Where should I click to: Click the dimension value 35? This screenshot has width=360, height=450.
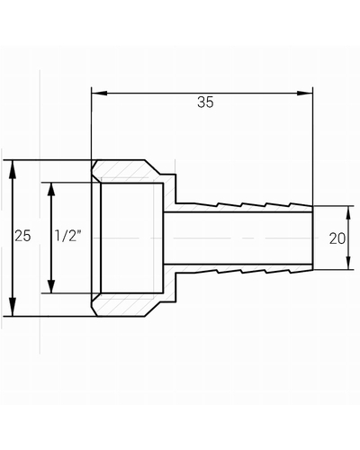(x=205, y=102)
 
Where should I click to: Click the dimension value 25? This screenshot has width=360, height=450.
(x=22, y=236)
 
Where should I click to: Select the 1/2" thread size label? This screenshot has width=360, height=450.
(x=67, y=236)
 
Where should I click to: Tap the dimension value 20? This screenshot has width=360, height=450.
(x=337, y=238)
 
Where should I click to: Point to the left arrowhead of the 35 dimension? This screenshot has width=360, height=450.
(x=99, y=93)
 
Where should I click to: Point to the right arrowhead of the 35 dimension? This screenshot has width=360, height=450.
(x=305, y=93)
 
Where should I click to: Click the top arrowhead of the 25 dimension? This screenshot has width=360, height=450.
(x=13, y=169)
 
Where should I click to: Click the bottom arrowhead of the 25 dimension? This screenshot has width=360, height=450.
(x=13, y=307)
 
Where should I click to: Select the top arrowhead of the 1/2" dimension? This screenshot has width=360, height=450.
(x=51, y=190)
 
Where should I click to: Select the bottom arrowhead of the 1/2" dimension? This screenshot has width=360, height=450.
(x=51, y=285)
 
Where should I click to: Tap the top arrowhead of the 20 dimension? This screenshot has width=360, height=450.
(x=348, y=213)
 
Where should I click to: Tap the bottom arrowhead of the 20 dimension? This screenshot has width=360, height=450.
(x=348, y=263)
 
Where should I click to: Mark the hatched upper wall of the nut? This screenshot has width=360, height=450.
(x=126, y=171)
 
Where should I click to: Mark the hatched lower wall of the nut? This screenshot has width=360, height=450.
(x=126, y=304)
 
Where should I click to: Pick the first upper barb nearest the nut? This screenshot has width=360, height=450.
(x=207, y=204)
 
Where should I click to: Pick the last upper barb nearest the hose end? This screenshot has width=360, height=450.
(x=301, y=205)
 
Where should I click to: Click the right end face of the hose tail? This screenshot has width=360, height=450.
(x=312, y=238)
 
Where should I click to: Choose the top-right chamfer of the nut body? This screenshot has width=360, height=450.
(x=152, y=167)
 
